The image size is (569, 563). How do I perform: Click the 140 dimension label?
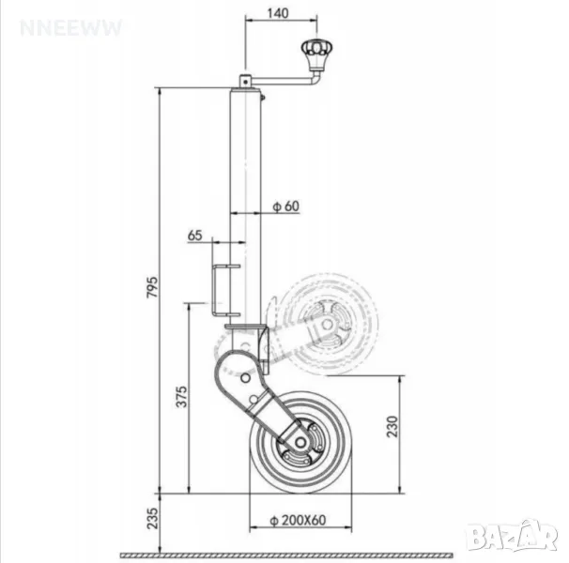pyautogui.click(x=278, y=13)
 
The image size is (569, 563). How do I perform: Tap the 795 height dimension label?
pyautogui.click(x=152, y=287)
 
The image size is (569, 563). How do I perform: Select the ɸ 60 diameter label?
pyautogui.click(x=286, y=206)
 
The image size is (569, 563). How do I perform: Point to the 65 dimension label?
pyautogui.click(x=195, y=236)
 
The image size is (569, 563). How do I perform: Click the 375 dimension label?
pyautogui.click(x=182, y=397)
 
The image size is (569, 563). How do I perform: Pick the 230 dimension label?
pyautogui.click(x=392, y=427)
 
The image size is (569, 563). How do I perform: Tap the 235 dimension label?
pyautogui.click(x=153, y=518)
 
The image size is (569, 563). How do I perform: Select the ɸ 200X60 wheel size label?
pyautogui.click(x=298, y=520)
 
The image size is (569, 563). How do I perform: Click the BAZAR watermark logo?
pyautogui.click(x=512, y=537)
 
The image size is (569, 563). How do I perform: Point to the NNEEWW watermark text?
pyautogui.click(x=71, y=28)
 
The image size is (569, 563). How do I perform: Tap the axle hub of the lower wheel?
pyautogui.click(x=300, y=442)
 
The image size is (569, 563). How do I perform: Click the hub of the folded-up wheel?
pyautogui.click(x=327, y=325)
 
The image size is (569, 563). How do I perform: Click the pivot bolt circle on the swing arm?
pyautogui.click(x=246, y=378)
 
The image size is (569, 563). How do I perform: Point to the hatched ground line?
pyautogui.click(x=286, y=555)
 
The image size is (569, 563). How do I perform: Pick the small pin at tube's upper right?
pyautogui.click(x=262, y=98)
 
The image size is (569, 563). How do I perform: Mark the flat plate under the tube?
pyautogui.click(x=246, y=327)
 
